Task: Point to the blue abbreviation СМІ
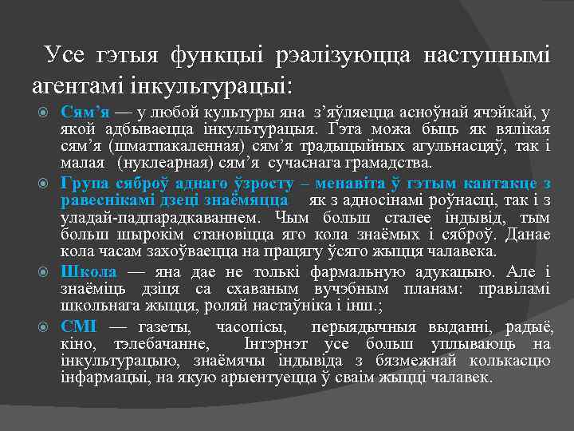pos(79,326)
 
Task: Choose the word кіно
pos(77,343)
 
